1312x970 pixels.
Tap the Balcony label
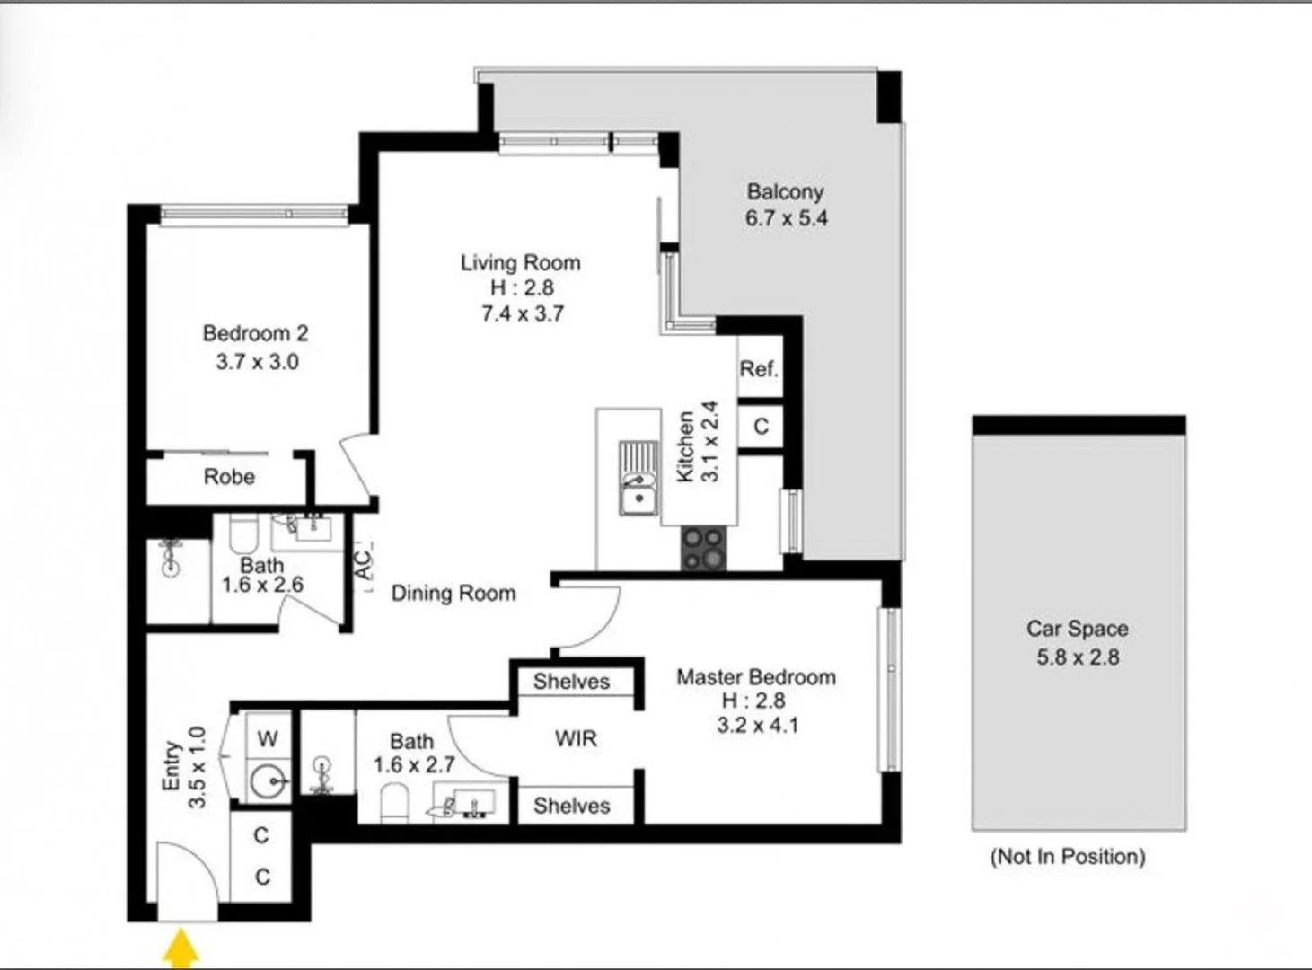pyautogui.click(x=785, y=191)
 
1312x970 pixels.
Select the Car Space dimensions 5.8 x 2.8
pyautogui.click(x=1078, y=657)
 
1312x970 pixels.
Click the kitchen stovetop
pyautogui.click(x=703, y=548)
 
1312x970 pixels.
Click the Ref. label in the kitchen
pyautogui.click(x=758, y=369)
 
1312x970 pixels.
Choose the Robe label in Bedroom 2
pyautogui.click(x=229, y=476)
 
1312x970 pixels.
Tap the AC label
pyautogui.click(x=365, y=566)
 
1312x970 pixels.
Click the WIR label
pyautogui.click(x=576, y=738)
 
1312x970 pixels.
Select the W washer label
pyautogui.click(x=268, y=739)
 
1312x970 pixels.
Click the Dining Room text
pyautogui.click(x=453, y=593)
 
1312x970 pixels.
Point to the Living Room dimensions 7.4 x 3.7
pyautogui.click(x=522, y=313)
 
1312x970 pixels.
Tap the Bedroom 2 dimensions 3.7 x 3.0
pyautogui.click(x=257, y=361)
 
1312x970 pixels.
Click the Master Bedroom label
pyautogui.click(x=756, y=677)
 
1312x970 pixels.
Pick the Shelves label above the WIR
pyautogui.click(x=571, y=682)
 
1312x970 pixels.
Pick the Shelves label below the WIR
pyautogui.click(x=571, y=806)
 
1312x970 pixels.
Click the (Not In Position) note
pyautogui.click(x=1068, y=856)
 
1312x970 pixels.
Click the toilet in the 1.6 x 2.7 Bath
pyautogui.click(x=393, y=803)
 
